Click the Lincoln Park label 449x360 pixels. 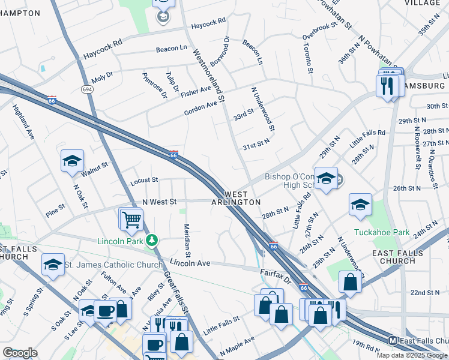tap(120, 241)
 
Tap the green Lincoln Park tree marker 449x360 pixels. tap(152, 241)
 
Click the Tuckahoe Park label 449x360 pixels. tap(390, 232)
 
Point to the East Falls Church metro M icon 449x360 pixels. tap(393, 340)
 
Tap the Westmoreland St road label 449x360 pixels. tap(208, 74)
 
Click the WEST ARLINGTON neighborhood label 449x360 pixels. tap(235, 199)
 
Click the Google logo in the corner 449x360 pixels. tap(20, 353)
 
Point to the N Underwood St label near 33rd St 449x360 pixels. tap(263, 108)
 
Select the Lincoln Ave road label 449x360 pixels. tap(189, 263)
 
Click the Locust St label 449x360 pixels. tap(143, 179)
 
